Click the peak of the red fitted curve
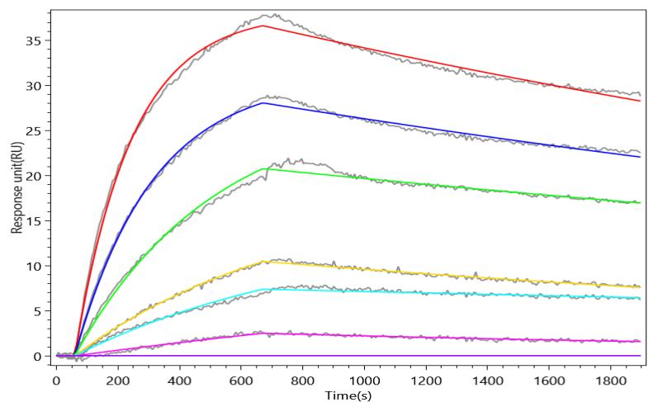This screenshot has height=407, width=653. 263,26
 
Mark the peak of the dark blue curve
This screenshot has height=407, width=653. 263,103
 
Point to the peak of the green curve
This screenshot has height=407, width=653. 264,168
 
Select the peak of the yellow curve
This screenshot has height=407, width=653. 264,262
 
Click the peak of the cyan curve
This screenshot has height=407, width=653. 264,289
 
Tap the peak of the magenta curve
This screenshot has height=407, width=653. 264,333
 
